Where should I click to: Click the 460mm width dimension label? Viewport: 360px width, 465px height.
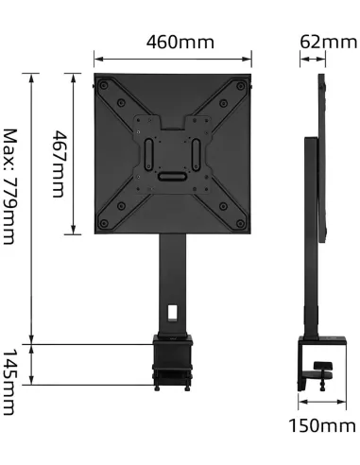tap(180, 43)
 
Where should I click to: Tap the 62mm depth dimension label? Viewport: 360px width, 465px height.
tap(328, 43)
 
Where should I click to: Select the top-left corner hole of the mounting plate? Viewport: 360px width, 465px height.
tap(104, 82)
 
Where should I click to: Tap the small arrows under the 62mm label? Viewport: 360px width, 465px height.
tap(313, 60)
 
